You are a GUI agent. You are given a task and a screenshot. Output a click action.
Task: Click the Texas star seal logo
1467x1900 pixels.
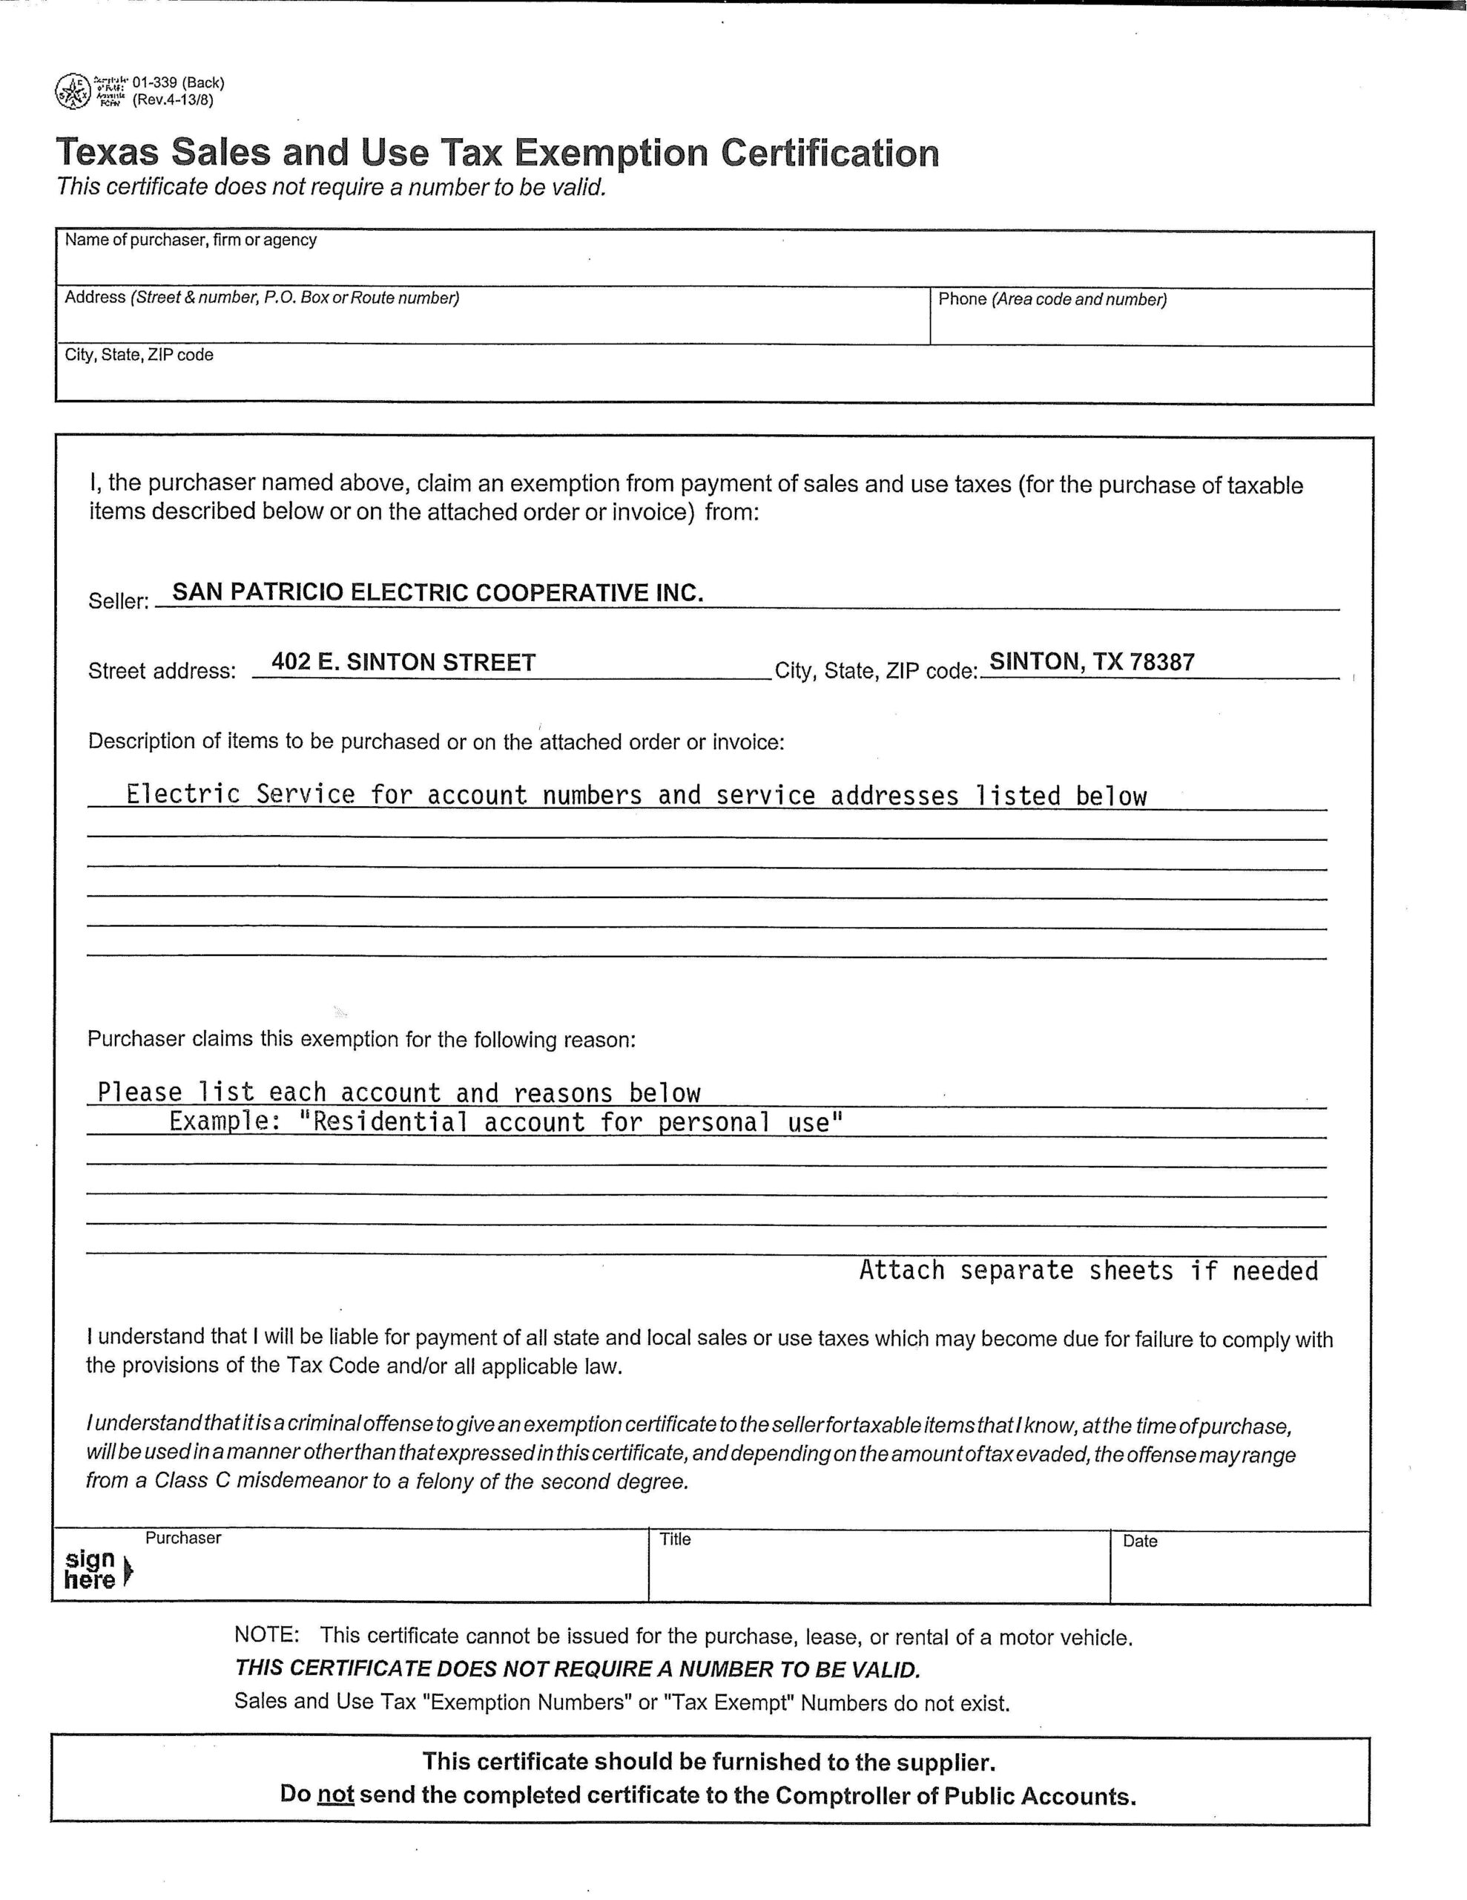[x=73, y=91]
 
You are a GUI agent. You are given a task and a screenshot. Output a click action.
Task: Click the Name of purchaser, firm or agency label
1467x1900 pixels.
[x=191, y=240]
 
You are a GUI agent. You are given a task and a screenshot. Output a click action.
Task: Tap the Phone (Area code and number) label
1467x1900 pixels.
[x=1052, y=299]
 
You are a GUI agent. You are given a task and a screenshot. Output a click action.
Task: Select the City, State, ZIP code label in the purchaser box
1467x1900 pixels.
[x=139, y=355]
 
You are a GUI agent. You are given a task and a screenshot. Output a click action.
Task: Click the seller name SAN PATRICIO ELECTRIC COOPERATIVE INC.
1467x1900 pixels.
[x=438, y=592]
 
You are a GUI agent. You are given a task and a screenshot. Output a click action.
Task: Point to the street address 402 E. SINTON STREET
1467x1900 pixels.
[x=403, y=662]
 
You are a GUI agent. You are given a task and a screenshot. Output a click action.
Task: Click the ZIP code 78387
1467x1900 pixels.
[x=1161, y=662]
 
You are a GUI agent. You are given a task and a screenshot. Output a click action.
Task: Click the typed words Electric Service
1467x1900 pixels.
[x=241, y=794]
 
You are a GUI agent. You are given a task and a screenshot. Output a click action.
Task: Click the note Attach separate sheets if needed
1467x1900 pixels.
[x=1088, y=1271]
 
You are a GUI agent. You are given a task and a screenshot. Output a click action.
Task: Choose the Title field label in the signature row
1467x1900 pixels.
[x=675, y=1539]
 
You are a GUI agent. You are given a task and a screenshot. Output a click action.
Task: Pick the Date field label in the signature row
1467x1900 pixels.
[x=1139, y=1541]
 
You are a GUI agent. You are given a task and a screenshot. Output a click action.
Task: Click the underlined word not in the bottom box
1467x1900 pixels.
[x=336, y=1795]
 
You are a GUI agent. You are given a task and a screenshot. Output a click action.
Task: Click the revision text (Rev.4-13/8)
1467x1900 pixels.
[x=172, y=99]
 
